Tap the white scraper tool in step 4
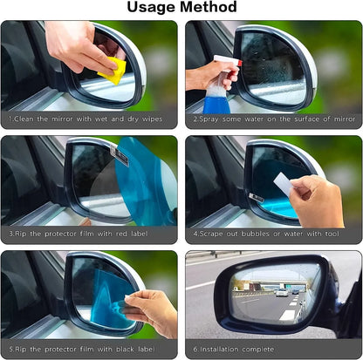click(283, 184)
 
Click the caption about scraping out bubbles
click(271, 234)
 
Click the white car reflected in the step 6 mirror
click(282, 292)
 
